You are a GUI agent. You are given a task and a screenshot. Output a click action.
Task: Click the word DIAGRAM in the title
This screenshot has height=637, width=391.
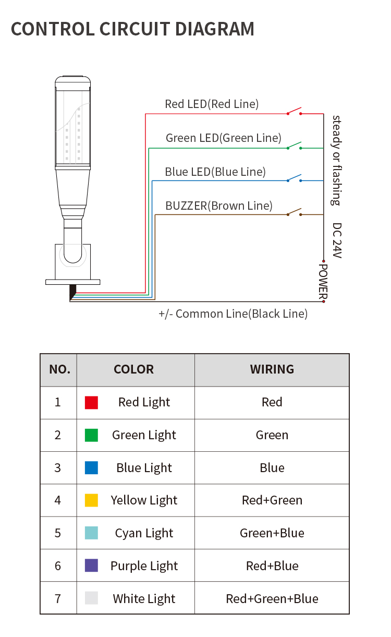click(215, 29)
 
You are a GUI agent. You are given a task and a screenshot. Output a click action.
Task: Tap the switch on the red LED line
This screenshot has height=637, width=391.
click(294, 111)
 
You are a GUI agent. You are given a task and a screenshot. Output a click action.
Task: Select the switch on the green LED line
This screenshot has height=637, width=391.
click(294, 146)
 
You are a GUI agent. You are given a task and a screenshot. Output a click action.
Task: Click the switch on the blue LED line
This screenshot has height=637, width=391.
click(294, 178)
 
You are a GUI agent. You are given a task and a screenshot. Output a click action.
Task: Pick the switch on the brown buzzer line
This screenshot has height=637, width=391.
click(294, 212)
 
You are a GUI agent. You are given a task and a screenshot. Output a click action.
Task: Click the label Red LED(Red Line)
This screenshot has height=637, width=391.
click(212, 104)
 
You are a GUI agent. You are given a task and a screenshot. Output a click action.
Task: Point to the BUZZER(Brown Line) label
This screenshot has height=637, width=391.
click(219, 206)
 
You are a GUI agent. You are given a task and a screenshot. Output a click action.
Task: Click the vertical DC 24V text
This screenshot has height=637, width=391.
click(337, 241)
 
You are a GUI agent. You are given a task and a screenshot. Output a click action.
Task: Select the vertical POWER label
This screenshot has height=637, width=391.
click(323, 282)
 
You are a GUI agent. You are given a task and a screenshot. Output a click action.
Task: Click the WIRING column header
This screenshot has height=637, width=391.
click(272, 369)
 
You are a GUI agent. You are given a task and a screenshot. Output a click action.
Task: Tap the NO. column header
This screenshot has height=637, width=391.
click(59, 369)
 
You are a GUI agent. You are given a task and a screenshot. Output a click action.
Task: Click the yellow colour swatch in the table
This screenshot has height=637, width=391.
click(92, 500)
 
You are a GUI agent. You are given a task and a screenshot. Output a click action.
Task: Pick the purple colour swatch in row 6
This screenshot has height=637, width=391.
click(92, 566)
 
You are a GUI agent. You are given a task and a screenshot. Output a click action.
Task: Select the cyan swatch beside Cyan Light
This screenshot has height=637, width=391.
click(92, 533)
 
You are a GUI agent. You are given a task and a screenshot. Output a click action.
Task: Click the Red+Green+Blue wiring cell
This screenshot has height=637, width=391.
click(272, 598)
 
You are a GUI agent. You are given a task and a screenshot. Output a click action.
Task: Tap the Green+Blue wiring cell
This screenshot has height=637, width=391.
click(272, 533)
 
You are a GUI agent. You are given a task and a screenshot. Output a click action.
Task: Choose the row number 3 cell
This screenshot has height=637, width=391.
click(58, 468)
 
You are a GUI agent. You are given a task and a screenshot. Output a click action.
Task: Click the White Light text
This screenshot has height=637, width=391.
click(144, 599)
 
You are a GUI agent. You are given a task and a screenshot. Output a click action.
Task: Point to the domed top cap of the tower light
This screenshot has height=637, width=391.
click(73, 81)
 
